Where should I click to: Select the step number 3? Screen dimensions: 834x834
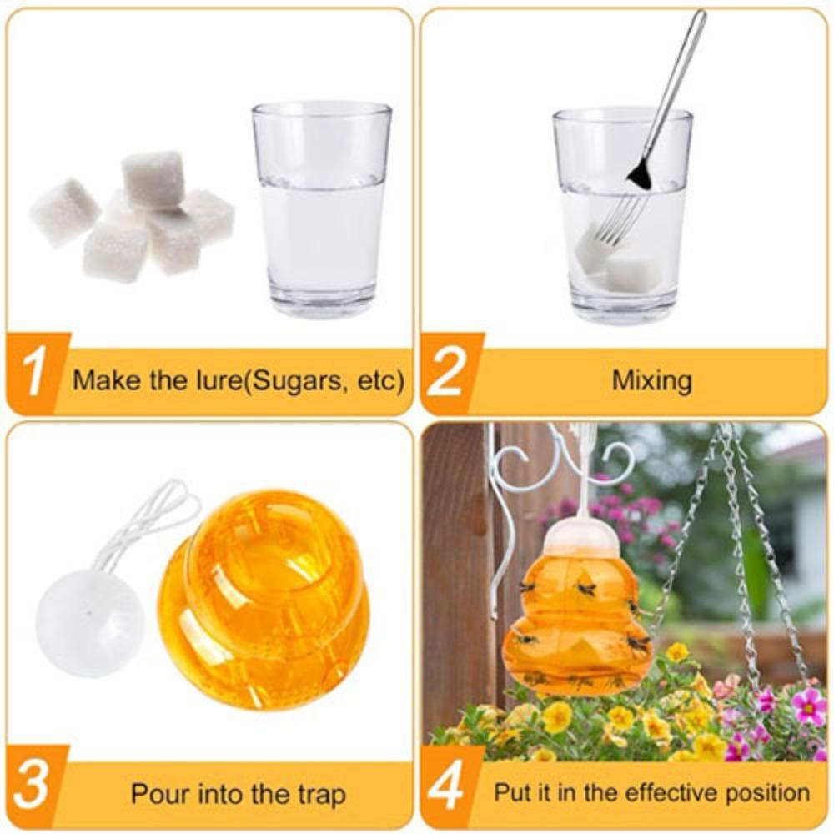33,786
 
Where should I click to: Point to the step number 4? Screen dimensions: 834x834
448,786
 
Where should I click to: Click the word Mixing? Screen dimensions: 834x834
651,381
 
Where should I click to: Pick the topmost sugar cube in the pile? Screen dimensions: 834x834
153,178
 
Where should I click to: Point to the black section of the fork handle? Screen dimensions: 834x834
640,173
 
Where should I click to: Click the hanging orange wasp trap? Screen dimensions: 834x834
577,621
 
